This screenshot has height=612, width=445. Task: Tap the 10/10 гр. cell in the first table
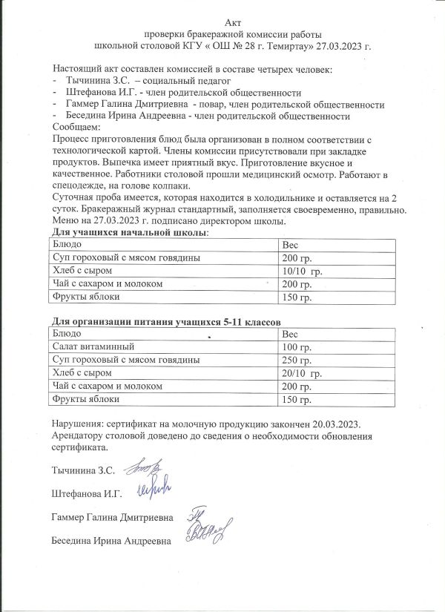coord(303,272)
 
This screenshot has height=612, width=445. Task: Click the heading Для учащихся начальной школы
coord(130,233)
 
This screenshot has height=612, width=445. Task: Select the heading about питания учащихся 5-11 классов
coord(165,322)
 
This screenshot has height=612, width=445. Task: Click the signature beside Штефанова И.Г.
coord(154,488)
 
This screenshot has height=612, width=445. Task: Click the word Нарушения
coord(78,424)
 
